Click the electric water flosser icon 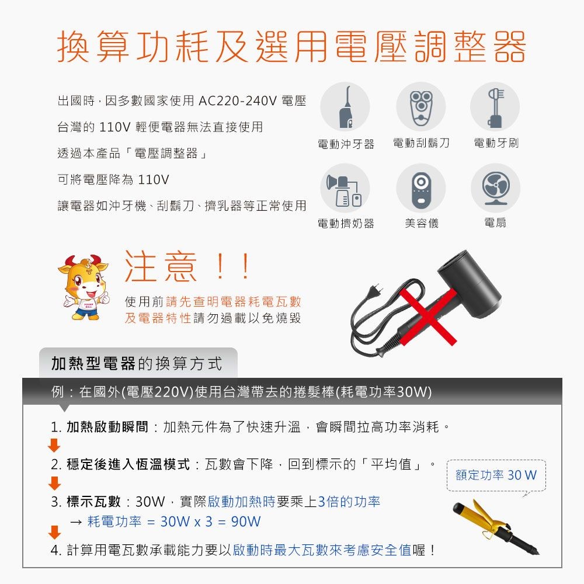(x=345, y=106)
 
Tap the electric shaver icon (x=420, y=106)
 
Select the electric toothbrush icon (x=495, y=106)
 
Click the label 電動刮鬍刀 (x=421, y=143)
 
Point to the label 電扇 (x=495, y=223)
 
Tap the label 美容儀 (x=421, y=223)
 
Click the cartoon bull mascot (x=84, y=286)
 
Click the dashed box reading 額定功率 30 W (x=495, y=475)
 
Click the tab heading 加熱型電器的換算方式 (x=137, y=364)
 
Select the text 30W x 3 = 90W (x=210, y=521)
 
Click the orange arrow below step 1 (x=54, y=446)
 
